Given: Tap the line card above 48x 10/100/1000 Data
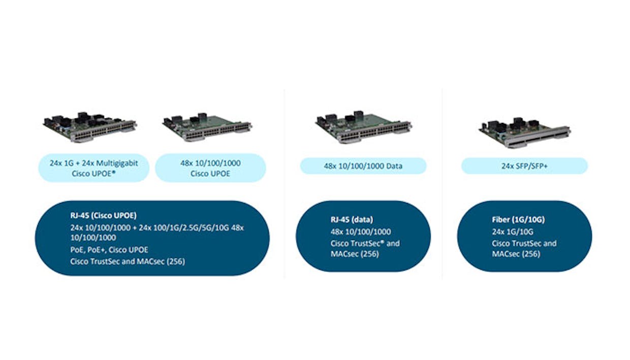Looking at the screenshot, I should tap(363, 129).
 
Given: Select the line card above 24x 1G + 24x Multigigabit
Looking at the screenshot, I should tap(89, 128).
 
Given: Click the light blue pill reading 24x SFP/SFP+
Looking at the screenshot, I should tap(524, 166).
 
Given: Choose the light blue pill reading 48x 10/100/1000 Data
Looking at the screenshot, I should tap(363, 166).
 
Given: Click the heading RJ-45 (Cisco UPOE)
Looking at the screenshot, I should tap(103, 215).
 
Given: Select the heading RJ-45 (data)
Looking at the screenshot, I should tap(352, 220).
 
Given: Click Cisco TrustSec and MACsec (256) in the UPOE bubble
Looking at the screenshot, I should tap(128, 262).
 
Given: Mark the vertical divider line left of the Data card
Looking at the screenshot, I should tap(284, 183).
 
